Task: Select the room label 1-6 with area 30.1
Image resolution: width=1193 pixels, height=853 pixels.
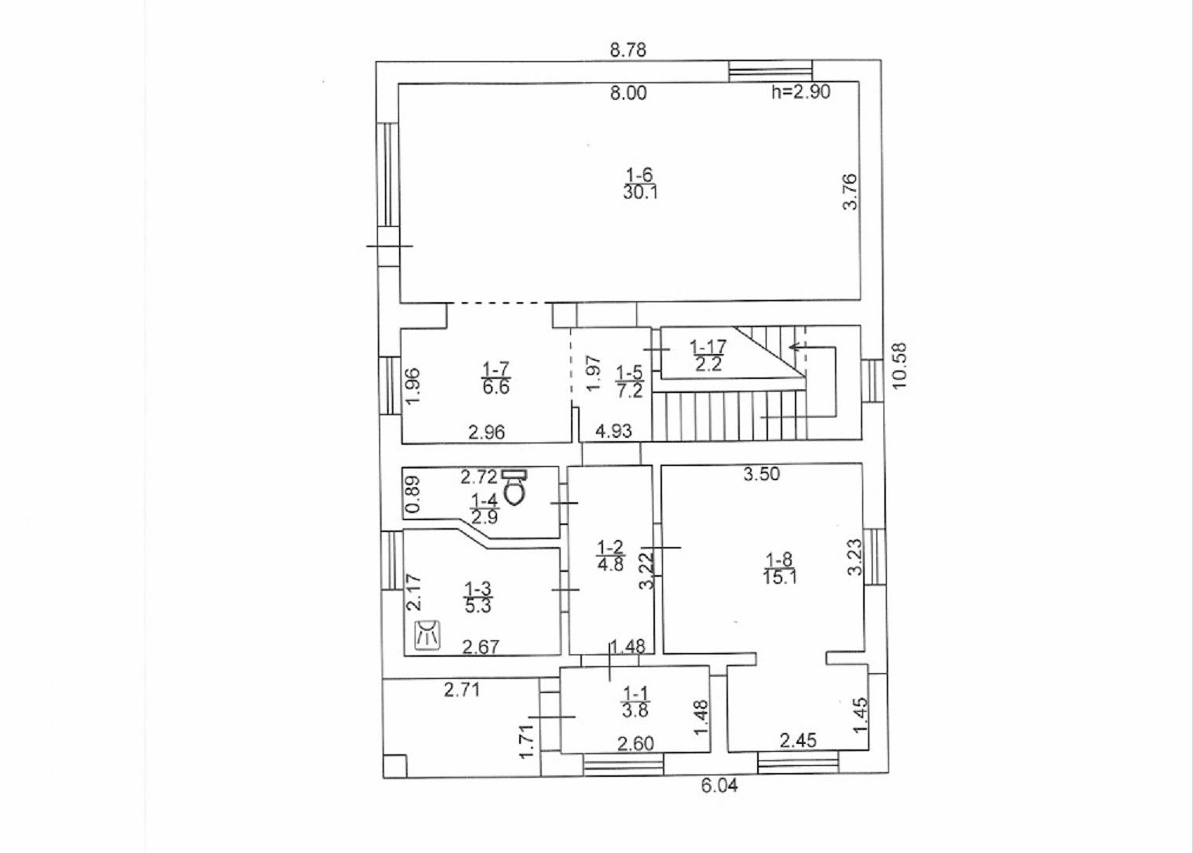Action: pyautogui.click(x=640, y=183)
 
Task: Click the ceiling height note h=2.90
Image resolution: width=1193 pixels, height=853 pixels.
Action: pyautogui.click(x=800, y=92)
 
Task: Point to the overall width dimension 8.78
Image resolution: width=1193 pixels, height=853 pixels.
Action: pyautogui.click(x=628, y=50)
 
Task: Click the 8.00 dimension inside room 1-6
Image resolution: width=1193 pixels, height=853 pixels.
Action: pyautogui.click(x=628, y=93)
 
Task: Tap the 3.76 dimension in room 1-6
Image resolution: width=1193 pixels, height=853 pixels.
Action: pyautogui.click(x=850, y=191)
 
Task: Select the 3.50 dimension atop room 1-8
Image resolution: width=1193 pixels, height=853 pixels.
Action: pyautogui.click(x=762, y=474)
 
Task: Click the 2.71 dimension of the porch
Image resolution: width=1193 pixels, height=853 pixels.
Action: pyautogui.click(x=462, y=691)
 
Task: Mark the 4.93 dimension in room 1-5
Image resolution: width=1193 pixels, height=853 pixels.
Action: pyautogui.click(x=613, y=431)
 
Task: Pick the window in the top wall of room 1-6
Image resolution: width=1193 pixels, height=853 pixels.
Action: pyautogui.click(x=770, y=71)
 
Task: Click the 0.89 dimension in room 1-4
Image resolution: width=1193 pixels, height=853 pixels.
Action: pyautogui.click(x=413, y=494)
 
